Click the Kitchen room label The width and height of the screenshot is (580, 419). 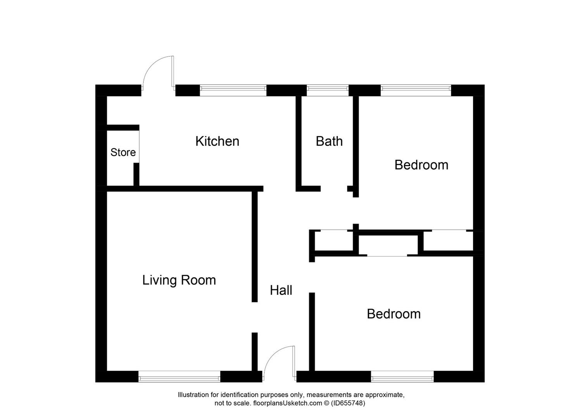[217, 141]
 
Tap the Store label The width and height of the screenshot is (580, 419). [123, 152]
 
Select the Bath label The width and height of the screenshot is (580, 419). [329, 141]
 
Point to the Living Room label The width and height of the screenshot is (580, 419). [179, 280]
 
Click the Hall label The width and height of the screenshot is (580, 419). [281, 290]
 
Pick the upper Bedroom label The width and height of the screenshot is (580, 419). [421, 165]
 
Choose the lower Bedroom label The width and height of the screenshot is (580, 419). [394, 314]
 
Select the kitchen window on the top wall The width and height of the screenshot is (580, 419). [233, 90]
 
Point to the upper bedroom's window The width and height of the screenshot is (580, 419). [416, 90]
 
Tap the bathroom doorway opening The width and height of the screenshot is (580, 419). [334, 189]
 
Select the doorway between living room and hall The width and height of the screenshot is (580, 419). [255, 317]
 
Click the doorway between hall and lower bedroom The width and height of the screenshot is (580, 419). [312, 277]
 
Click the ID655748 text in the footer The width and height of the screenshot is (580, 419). [348, 403]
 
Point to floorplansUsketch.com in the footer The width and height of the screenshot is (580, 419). [288, 403]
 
